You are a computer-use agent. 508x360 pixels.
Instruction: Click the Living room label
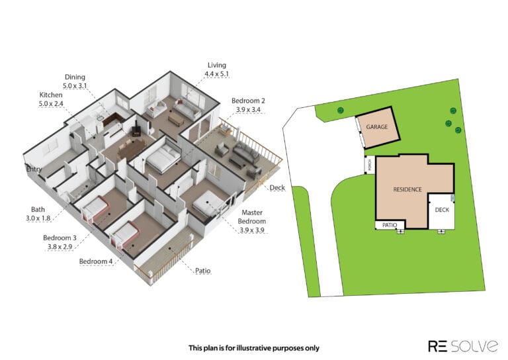pos(217,65)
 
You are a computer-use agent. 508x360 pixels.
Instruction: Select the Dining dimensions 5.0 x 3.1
pos(75,86)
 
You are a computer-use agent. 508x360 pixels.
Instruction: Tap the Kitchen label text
pos(51,95)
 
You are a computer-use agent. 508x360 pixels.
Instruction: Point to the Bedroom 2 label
pos(248,101)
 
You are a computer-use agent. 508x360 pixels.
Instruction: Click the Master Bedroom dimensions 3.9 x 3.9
pos(252,230)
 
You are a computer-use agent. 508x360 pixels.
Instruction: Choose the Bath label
pos(38,210)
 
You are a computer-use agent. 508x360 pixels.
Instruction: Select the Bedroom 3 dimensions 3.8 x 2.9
pos(60,247)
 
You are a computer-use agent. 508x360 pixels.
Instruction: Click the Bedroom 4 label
pos(96,261)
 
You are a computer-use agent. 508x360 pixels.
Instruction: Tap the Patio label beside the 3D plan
pos(203,271)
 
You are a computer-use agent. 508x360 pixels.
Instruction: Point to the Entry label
pos(34,169)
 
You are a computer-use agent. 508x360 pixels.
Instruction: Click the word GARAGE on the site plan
pos(377,126)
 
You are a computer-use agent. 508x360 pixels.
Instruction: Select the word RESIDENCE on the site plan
pos(407,189)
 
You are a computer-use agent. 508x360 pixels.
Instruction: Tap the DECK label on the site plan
pos(443,210)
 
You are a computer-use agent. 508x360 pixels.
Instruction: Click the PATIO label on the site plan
pos(390,225)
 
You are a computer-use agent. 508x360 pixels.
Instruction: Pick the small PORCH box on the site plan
pos(370,165)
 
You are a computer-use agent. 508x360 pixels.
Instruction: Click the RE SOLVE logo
pos(463,345)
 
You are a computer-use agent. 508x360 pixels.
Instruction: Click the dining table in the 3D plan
pos(132,148)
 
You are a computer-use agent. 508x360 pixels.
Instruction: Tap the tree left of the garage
pos(340,111)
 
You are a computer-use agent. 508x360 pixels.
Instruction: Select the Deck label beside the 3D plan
pos(277,188)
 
